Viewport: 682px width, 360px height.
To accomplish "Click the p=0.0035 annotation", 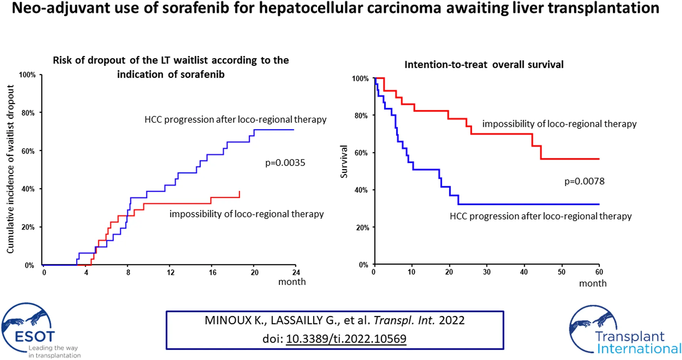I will (x=285, y=163).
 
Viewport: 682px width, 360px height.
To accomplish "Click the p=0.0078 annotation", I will (x=584, y=181).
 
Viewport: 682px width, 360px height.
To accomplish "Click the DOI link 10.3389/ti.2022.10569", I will (x=346, y=339).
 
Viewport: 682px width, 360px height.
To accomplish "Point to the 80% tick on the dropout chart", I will (x=28, y=113).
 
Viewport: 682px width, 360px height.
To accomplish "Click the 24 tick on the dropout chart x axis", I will (x=296, y=273).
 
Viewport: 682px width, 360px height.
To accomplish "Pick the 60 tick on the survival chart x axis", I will (x=599, y=272).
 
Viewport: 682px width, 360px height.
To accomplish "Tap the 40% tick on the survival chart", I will (x=361, y=190).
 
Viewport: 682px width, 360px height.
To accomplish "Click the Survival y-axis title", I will (x=344, y=162).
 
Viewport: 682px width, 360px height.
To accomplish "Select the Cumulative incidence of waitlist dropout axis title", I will (x=10, y=169).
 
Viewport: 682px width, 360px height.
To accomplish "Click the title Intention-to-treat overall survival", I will (x=484, y=65).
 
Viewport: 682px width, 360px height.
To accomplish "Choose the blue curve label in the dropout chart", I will (x=235, y=120).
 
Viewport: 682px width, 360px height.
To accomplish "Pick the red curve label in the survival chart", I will (x=559, y=124).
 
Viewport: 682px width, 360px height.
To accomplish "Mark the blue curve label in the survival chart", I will (x=540, y=216).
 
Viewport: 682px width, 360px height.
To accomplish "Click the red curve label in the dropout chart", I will (x=246, y=214).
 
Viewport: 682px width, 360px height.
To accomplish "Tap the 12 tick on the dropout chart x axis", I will (x=170, y=273).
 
